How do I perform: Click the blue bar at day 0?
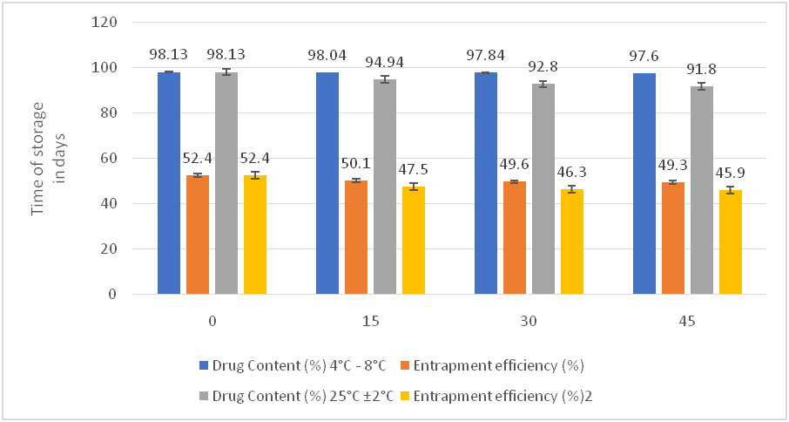pos(169,183)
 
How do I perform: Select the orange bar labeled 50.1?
pos(355,237)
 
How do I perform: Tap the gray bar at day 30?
pos(543,188)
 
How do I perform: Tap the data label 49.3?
pos(672,165)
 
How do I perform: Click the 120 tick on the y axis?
pos(106,22)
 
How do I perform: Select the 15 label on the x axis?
pos(370,321)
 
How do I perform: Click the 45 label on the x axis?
pos(687,321)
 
